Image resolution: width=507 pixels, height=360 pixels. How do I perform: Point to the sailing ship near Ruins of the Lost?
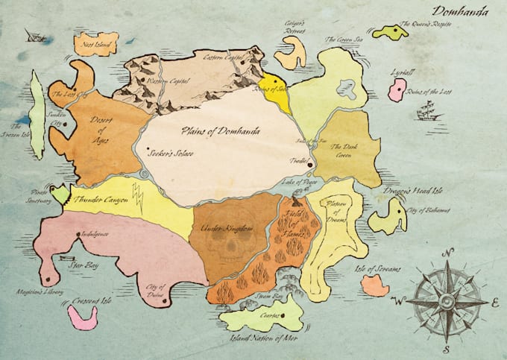427,112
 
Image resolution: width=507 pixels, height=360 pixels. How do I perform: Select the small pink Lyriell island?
397,91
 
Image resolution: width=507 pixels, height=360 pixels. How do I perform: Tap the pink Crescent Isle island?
82,316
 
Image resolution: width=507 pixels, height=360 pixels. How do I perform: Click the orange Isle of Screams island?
374,285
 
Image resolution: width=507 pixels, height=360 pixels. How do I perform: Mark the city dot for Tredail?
300,165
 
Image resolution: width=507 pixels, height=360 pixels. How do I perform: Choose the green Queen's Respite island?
390,32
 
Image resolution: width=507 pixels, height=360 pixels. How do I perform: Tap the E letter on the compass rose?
495,303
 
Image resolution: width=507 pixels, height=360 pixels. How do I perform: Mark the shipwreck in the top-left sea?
33,35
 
